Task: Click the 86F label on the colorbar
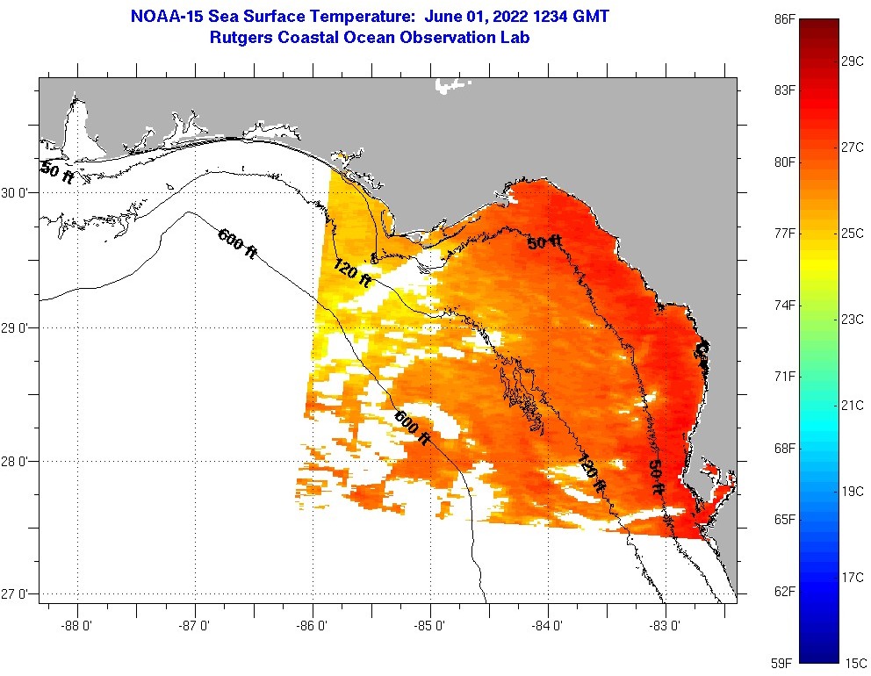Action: pyautogui.click(x=785, y=18)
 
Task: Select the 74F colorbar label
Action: pyautogui.click(x=785, y=305)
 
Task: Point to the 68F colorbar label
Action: pyautogui.click(x=785, y=448)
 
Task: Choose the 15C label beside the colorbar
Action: pyautogui.click(x=853, y=662)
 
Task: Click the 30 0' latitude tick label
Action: pyautogui.click(x=17, y=192)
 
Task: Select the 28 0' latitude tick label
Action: pyautogui.click(x=17, y=462)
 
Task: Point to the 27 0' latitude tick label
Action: pyautogui.click(x=17, y=595)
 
